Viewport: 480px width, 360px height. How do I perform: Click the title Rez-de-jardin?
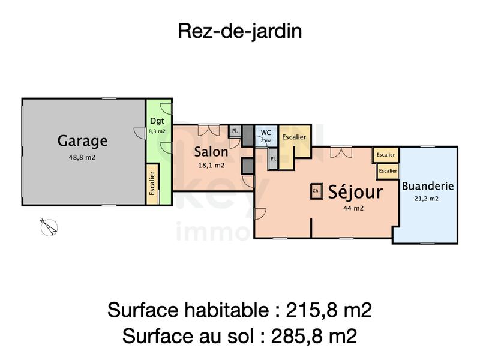[x=239, y=31]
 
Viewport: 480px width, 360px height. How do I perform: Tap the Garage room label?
[x=82, y=142]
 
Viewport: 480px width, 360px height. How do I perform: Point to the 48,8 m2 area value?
[x=82, y=158]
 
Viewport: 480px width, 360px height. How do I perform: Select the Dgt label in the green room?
[x=157, y=121]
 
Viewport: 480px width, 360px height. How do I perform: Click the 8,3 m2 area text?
[x=157, y=130]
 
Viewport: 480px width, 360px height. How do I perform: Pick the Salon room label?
[x=211, y=152]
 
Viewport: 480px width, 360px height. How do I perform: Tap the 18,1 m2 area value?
[x=211, y=165]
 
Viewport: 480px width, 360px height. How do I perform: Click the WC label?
[x=266, y=133]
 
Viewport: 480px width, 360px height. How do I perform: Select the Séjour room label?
[x=355, y=192]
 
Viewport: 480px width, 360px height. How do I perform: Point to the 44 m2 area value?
[x=354, y=208]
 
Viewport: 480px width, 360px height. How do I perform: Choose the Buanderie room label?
[x=428, y=186]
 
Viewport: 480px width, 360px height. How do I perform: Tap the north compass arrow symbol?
[x=49, y=227]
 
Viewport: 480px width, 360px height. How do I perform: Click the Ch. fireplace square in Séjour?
[x=316, y=192]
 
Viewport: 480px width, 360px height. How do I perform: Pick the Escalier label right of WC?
[x=294, y=137]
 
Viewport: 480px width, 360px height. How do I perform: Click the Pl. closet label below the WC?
[x=272, y=159]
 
